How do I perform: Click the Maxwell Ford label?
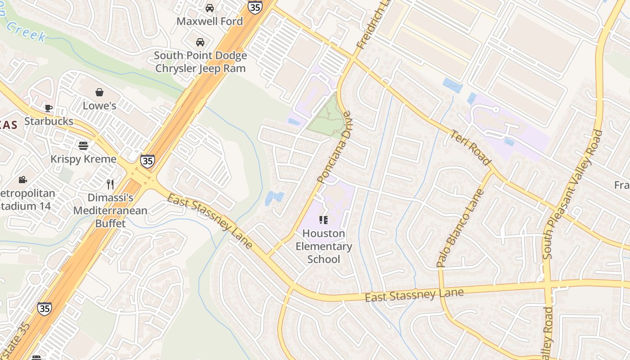pos(209,21)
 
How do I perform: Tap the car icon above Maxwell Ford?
pos(210,8)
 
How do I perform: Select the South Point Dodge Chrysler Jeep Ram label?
pos(200,62)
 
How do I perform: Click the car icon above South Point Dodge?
pos(200,42)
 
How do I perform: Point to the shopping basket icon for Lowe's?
pos(99,92)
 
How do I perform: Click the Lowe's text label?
pos(99,106)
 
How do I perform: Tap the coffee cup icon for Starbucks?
pos(49,108)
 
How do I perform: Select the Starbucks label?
pos(49,121)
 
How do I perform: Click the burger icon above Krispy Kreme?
pos(83,145)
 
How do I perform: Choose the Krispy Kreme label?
pos(83,159)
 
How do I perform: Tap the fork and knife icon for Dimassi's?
pos(110,184)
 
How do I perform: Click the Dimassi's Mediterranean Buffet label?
pos(110,210)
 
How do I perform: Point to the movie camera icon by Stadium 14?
pos(22,180)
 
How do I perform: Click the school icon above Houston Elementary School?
pos(324,220)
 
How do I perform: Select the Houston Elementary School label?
pos(324,246)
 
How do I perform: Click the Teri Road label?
pos(470,148)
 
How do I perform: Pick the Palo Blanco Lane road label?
pos(460,228)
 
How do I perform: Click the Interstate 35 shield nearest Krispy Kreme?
pos(147,161)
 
